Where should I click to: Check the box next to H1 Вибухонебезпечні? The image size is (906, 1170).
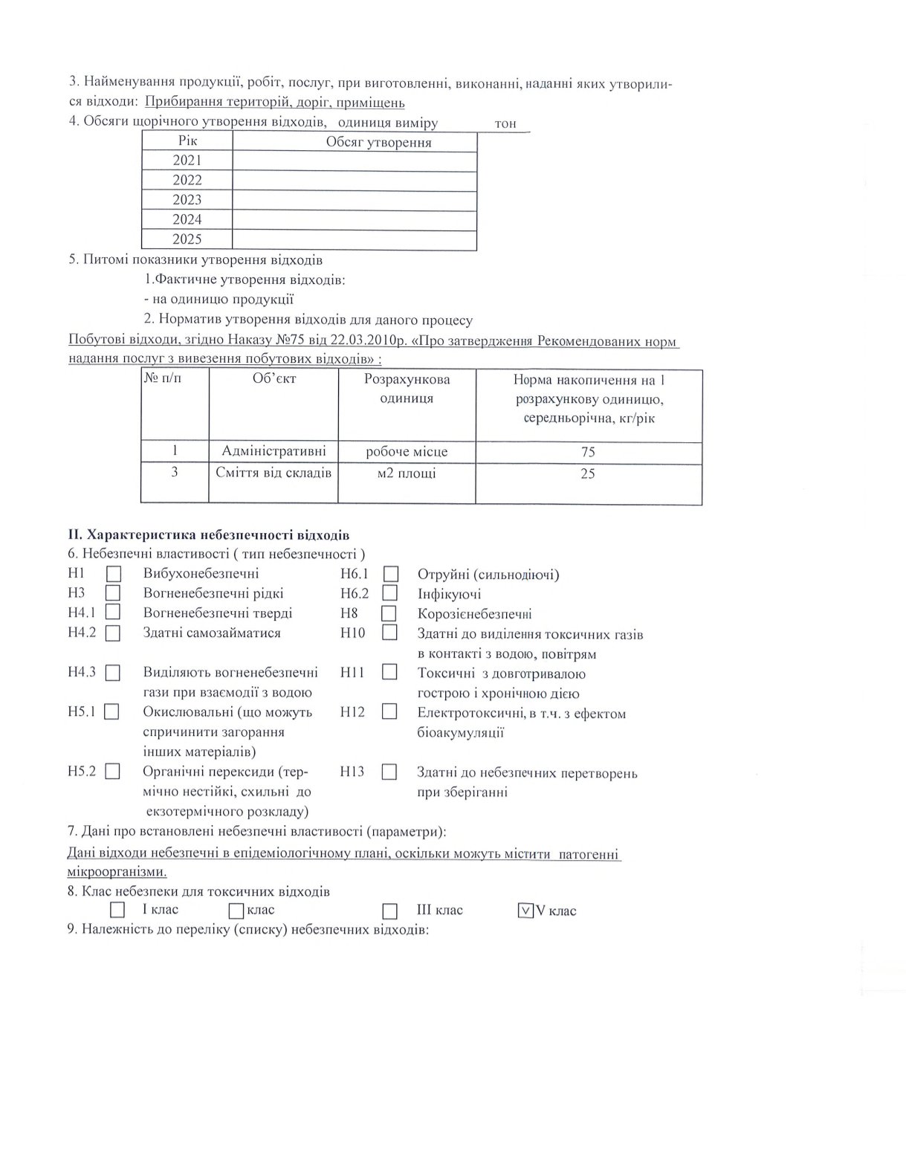pos(114,574)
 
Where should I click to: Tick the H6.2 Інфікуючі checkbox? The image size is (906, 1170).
pos(390,594)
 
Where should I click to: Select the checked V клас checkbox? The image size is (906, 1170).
pos(525,911)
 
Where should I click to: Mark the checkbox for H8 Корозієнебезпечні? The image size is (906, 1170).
pos(389,614)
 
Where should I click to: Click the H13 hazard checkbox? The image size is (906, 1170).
pos(389,772)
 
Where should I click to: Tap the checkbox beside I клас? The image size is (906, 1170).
pos(117,910)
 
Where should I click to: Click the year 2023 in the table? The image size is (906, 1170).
pos(187,200)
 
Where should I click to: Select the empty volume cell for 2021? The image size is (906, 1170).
pos(355,161)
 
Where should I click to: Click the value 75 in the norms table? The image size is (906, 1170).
pos(588,452)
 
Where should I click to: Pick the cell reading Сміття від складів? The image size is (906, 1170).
pos(274,473)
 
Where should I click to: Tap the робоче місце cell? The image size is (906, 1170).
pos(407,452)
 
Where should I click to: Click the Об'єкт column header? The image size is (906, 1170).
pos(274,379)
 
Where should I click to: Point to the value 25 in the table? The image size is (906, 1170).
pos(588,474)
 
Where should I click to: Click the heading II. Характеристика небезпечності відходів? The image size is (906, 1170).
pos(208,535)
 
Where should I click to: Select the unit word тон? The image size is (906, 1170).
pos(505,124)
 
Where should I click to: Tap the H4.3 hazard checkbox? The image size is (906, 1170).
pos(113,673)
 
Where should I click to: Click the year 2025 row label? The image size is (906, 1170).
pos(187,239)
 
